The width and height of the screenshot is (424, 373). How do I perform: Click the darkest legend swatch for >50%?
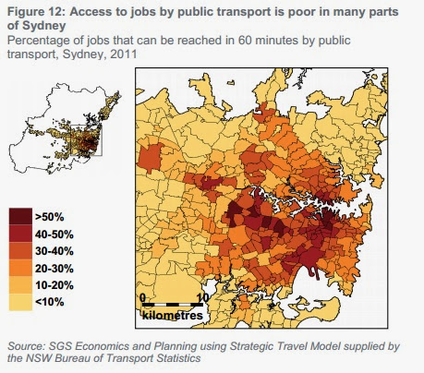[20, 216]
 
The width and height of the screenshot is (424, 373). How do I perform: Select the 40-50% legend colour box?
[20, 234]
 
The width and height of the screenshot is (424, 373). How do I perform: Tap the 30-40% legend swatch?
[20, 251]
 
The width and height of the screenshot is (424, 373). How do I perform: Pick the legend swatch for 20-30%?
[20, 268]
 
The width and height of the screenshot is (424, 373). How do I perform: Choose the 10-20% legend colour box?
[20, 284]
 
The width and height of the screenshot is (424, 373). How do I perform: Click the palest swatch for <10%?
[20, 302]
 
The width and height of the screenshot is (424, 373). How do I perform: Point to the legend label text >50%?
[50, 217]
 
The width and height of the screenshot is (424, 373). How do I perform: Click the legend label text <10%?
[50, 302]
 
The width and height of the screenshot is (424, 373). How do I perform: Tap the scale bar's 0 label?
[142, 298]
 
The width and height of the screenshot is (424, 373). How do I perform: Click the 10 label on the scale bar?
[202, 298]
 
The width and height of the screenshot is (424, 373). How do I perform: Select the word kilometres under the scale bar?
[173, 316]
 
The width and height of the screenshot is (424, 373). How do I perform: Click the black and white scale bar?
[173, 305]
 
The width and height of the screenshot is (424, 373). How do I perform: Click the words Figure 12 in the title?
[36, 12]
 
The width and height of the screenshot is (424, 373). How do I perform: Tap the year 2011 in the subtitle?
[123, 54]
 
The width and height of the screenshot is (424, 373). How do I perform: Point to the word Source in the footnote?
[27, 346]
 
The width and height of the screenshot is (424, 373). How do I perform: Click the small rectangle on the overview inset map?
[87, 140]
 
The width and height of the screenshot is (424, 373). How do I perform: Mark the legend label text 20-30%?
[55, 269]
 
